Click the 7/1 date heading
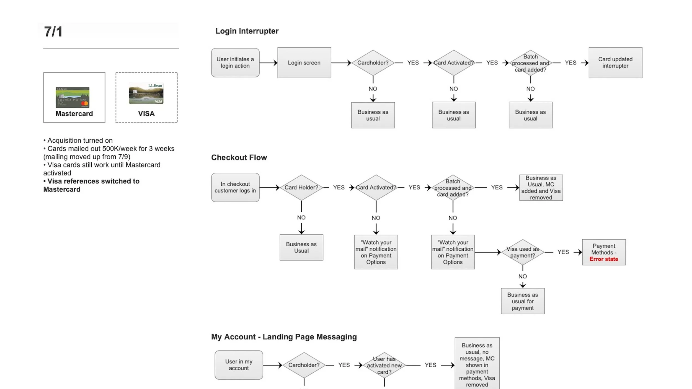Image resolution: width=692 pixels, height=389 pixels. click(x=53, y=32)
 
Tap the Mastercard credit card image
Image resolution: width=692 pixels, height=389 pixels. click(x=73, y=97)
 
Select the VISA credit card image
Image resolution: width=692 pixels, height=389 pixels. click(x=146, y=94)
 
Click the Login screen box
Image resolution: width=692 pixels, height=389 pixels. click(x=304, y=63)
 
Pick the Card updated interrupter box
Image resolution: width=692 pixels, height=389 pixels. click(x=615, y=63)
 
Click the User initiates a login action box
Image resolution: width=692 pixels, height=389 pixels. click(x=235, y=63)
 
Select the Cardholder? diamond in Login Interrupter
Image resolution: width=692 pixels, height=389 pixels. click(x=373, y=63)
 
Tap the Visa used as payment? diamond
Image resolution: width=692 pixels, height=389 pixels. click(x=523, y=252)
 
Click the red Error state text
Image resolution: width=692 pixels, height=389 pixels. click(x=604, y=259)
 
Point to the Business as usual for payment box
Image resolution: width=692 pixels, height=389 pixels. click(x=523, y=301)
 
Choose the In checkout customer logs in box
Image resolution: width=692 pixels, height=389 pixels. click(x=235, y=187)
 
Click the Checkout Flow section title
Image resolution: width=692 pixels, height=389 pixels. click(x=239, y=157)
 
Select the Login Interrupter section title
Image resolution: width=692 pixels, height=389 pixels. click(x=247, y=31)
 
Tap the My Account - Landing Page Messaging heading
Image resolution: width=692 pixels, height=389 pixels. click(x=284, y=337)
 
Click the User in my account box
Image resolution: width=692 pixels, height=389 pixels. click(x=239, y=365)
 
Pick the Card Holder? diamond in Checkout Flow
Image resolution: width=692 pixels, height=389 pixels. click(x=301, y=188)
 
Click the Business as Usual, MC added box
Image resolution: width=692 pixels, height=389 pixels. click(x=541, y=188)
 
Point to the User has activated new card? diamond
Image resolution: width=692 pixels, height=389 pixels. click(x=384, y=365)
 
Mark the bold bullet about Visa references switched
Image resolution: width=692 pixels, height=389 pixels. click(x=91, y=185)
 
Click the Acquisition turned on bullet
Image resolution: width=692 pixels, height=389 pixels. click(x=78, y=140)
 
